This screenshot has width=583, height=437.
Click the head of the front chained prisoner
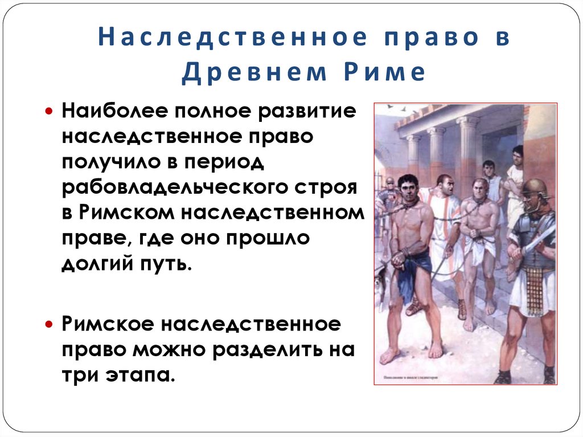[407, 186]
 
